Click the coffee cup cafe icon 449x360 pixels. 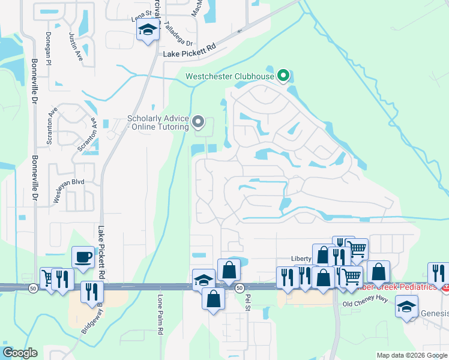pos(83,257)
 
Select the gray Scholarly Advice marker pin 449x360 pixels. pos(199,123)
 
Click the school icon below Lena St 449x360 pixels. pos(146,30)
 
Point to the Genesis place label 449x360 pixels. pos(434,313)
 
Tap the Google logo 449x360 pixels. pos(20,353)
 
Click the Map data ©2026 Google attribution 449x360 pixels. pos(411,355)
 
